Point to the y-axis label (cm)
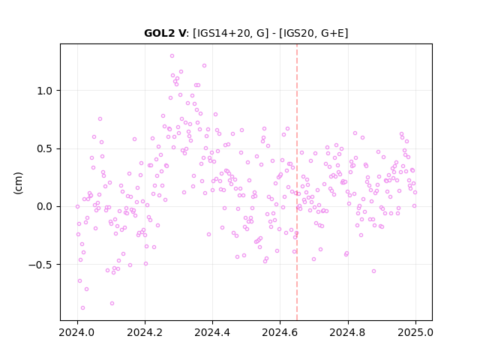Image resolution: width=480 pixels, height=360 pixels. click(18, 183)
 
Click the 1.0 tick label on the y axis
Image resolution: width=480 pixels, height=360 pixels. click(45, 91)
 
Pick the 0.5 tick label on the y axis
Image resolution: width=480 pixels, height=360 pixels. click(45, 148)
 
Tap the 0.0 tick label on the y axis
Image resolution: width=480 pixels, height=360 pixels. click(45, 207)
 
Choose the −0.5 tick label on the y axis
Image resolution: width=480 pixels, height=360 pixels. click(40, 265)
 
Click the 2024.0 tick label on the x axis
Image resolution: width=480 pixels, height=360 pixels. click(77, 332)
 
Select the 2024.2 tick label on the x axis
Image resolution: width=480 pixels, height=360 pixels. click(145, 332)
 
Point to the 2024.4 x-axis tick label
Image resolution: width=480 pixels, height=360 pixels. click(212, 332)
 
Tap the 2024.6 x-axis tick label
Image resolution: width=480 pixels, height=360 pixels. click(280, 332)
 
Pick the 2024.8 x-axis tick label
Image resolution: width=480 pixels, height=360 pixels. click(347, 332)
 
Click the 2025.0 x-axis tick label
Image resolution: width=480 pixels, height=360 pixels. click(415, 332)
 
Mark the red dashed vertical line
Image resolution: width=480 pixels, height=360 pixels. click(297, 182)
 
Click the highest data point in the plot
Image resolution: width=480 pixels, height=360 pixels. click(172, 56)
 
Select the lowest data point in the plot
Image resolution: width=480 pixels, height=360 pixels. click(82, 308)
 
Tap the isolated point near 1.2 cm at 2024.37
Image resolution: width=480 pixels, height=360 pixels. click(204, 66)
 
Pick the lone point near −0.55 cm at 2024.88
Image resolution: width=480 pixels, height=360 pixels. click(373, 271)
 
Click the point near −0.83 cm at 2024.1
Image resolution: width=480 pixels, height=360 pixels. click(112, 303)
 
